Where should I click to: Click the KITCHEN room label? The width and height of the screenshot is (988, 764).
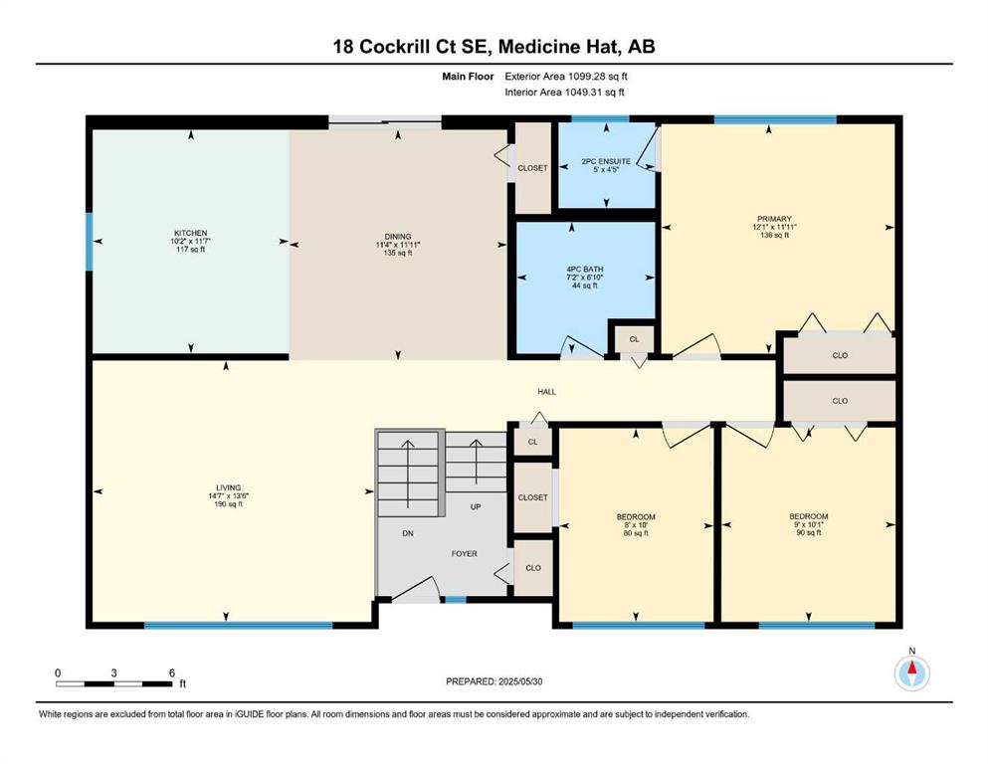point(191,233)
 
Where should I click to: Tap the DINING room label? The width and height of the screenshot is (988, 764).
point(398,237)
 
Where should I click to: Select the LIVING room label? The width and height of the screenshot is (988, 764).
point(228,487)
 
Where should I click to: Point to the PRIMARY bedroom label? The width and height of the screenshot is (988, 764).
point(774,219)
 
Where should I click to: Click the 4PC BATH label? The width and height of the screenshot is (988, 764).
point(585,269)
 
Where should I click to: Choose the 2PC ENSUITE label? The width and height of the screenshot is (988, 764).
point(606,161)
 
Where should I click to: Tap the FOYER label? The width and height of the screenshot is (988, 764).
point(465,554)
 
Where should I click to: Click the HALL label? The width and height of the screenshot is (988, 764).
point(547,392)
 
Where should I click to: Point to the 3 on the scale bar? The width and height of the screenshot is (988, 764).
point(114,672)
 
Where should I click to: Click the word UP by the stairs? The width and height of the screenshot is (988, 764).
point(476,506)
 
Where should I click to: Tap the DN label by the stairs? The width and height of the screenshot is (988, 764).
point(408,533)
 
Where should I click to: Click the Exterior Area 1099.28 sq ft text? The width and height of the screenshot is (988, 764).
point(566,77)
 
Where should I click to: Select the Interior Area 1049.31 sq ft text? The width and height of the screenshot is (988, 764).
point(564,92)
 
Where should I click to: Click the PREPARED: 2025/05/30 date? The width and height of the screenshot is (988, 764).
point(494,681)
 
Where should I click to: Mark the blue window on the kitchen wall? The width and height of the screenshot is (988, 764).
point(89,241)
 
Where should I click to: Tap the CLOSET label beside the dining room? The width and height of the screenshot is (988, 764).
point(532,168)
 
